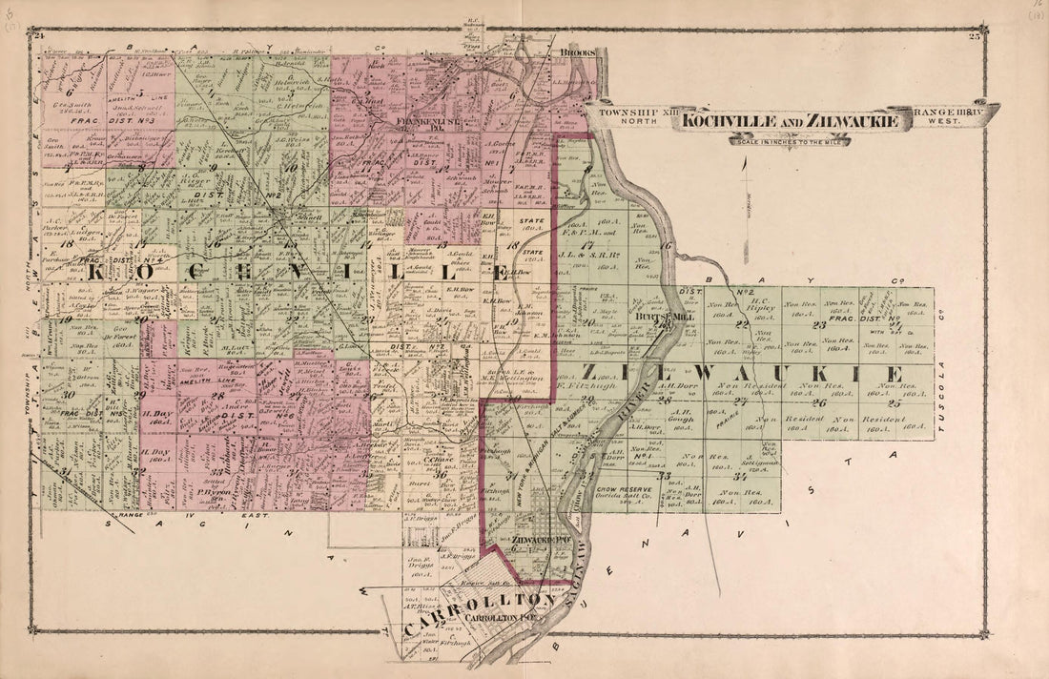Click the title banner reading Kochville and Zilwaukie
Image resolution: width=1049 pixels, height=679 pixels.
point(789,120)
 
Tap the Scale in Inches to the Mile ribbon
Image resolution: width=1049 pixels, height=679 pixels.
point(790,141)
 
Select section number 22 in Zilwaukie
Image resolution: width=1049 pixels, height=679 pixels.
point(741,324)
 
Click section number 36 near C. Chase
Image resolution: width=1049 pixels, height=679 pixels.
point(441,474)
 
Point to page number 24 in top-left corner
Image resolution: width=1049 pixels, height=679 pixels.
point(39,36)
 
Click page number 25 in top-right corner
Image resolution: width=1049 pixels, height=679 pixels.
point(974,37)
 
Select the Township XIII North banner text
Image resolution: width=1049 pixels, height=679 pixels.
point(628,115)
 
